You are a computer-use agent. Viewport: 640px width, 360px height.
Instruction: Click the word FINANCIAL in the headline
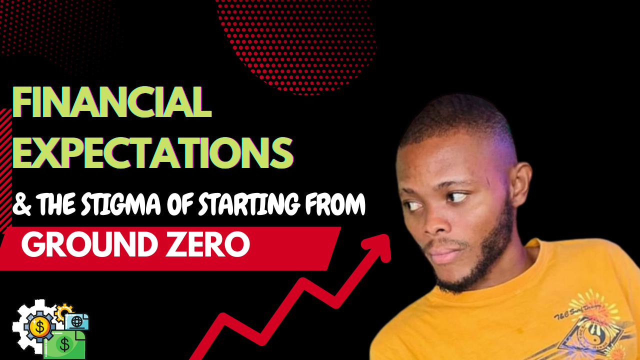[112, 102]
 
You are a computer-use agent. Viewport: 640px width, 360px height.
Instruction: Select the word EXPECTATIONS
[153, 153]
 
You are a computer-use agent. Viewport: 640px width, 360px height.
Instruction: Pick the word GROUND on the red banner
[89, 244]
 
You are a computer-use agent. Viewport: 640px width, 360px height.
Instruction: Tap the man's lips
[443, 255]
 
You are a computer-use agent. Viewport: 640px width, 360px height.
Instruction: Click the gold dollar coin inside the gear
[39, 327]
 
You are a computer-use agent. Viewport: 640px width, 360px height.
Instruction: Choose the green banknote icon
[64, 344]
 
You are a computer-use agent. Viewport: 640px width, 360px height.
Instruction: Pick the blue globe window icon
[76, 322]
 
